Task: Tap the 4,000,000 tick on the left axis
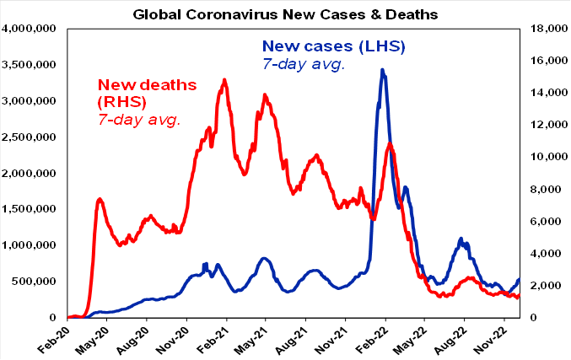click(x=29, y=29)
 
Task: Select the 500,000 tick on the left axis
click(x=35, y=282)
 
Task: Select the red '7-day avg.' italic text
click(x=140, y=120)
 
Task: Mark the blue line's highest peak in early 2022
click(x=383, y=70)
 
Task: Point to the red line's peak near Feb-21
click(x=224, y=80)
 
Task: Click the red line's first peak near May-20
click(x=100, y=199)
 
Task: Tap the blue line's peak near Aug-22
click(x=461, y=239)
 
